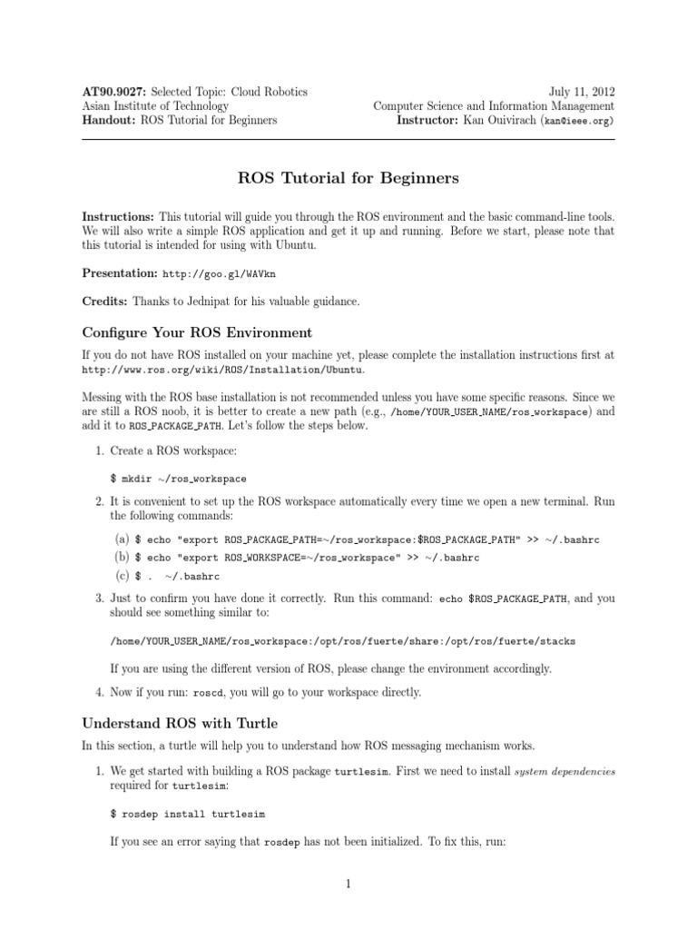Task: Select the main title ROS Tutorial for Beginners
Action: point(348,178)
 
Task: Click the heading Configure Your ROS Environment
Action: point(197,331)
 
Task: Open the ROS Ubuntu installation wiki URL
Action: point(227,371)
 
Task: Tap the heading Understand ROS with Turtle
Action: point(180,724)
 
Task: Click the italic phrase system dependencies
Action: point(564,771)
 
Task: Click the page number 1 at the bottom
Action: point(348,884)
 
